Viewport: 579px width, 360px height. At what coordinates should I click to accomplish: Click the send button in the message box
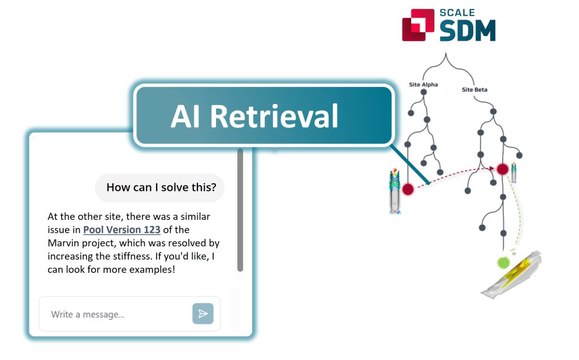pyautogui.click(x=203, y=314)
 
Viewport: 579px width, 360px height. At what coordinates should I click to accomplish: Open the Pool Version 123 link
pyautogui.click(x=122, y=229)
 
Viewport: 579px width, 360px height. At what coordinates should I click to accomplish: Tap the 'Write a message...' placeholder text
pyautogui.click(x=88, y=314)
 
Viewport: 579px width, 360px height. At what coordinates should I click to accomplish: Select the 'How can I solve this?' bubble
pyautogui.click(x=159, y=188)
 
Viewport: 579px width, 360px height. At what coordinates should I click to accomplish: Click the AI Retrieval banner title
pyautogui.click(x=254, y=116)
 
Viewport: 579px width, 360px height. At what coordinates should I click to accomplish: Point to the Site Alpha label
pyautogui.click(x=423, y=85)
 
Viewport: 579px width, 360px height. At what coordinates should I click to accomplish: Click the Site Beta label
pyautogui.click(x=474, y=90)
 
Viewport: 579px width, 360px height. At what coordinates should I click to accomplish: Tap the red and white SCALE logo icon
pyautogui.click(x=418, y=25)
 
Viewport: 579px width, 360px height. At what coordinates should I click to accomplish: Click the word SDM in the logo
pyautogui.click(x=468, y=31)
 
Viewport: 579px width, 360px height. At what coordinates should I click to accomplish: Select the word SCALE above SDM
pyautogui.click(x=457, y=12)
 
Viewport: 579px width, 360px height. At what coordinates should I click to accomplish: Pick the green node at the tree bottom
pyautogui.click(x=503, y=263)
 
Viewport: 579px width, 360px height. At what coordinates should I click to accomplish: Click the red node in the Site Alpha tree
pyautogui.click(x=408, y=189)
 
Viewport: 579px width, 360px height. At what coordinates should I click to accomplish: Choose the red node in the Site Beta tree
pyautogui.click(x=502, y=169)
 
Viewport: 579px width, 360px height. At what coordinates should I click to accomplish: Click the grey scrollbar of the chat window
pyautogui.click(x=240, y=210)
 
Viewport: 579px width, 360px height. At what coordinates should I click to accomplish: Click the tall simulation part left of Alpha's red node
pyautogui.click(x=395, y=191)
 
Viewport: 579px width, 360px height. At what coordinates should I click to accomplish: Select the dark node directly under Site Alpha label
pyautogui.click(x=424, y=92)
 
